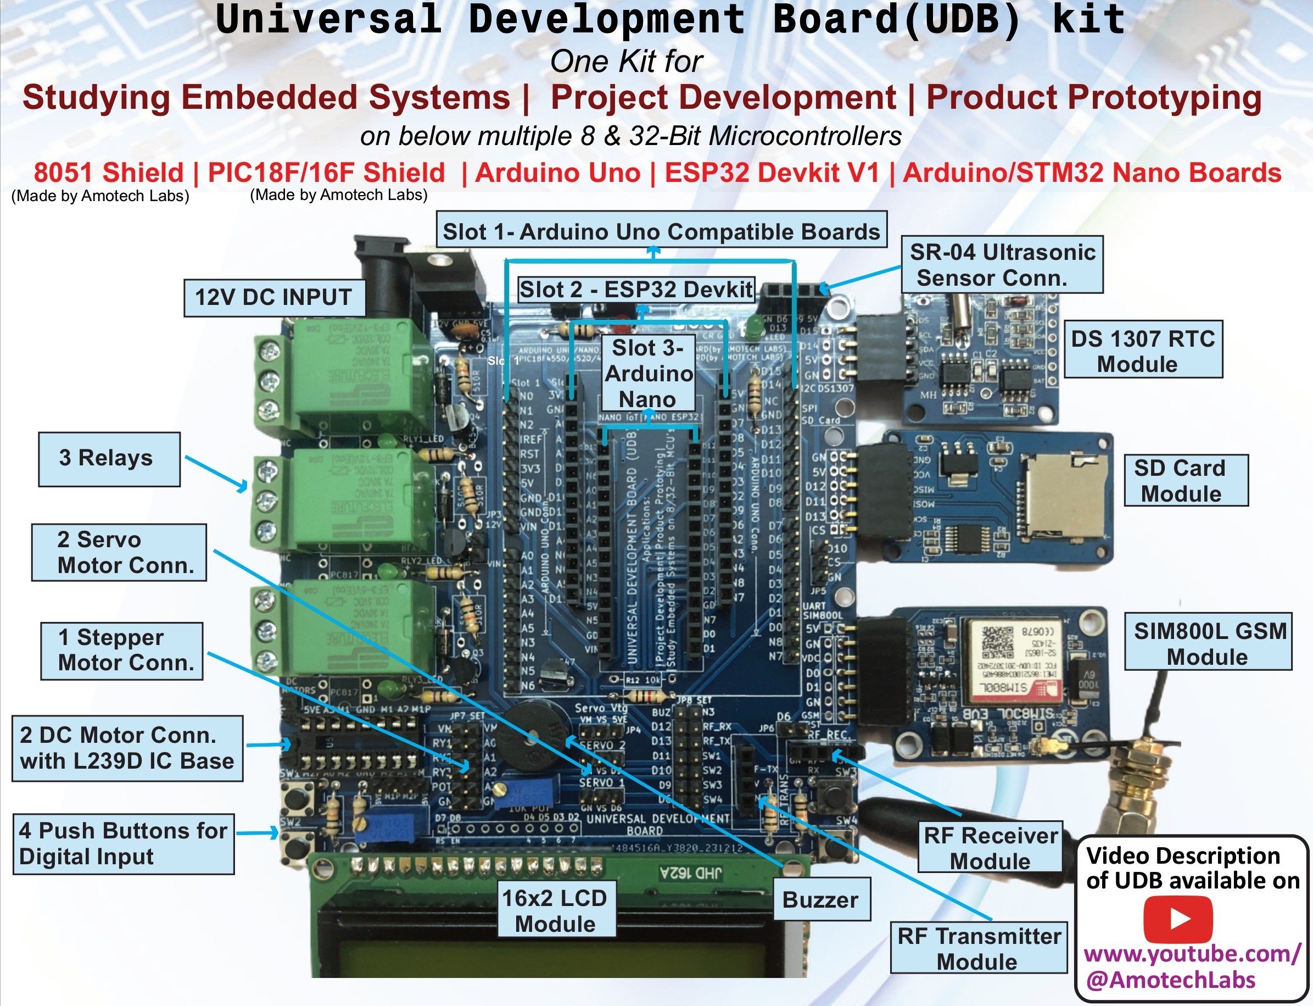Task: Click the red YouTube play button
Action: click(1178, 919)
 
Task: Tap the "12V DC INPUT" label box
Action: click(274, 297)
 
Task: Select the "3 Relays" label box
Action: click(109, 459)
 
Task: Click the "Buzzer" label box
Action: click(820, 900)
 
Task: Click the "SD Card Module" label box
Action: click(1185, 480)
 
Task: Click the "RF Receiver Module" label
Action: click(991, 847)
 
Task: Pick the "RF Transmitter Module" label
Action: click(979, 948)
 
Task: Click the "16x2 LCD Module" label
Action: click(555, 910)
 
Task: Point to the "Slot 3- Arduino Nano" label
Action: click(648, 373)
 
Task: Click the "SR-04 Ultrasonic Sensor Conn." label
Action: click(1002, 265)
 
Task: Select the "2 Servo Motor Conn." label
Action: click(119, 552)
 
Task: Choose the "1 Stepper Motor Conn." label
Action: click(122, 651)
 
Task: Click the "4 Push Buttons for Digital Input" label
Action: click(123, 844)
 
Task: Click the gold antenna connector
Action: click(1125, 779)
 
